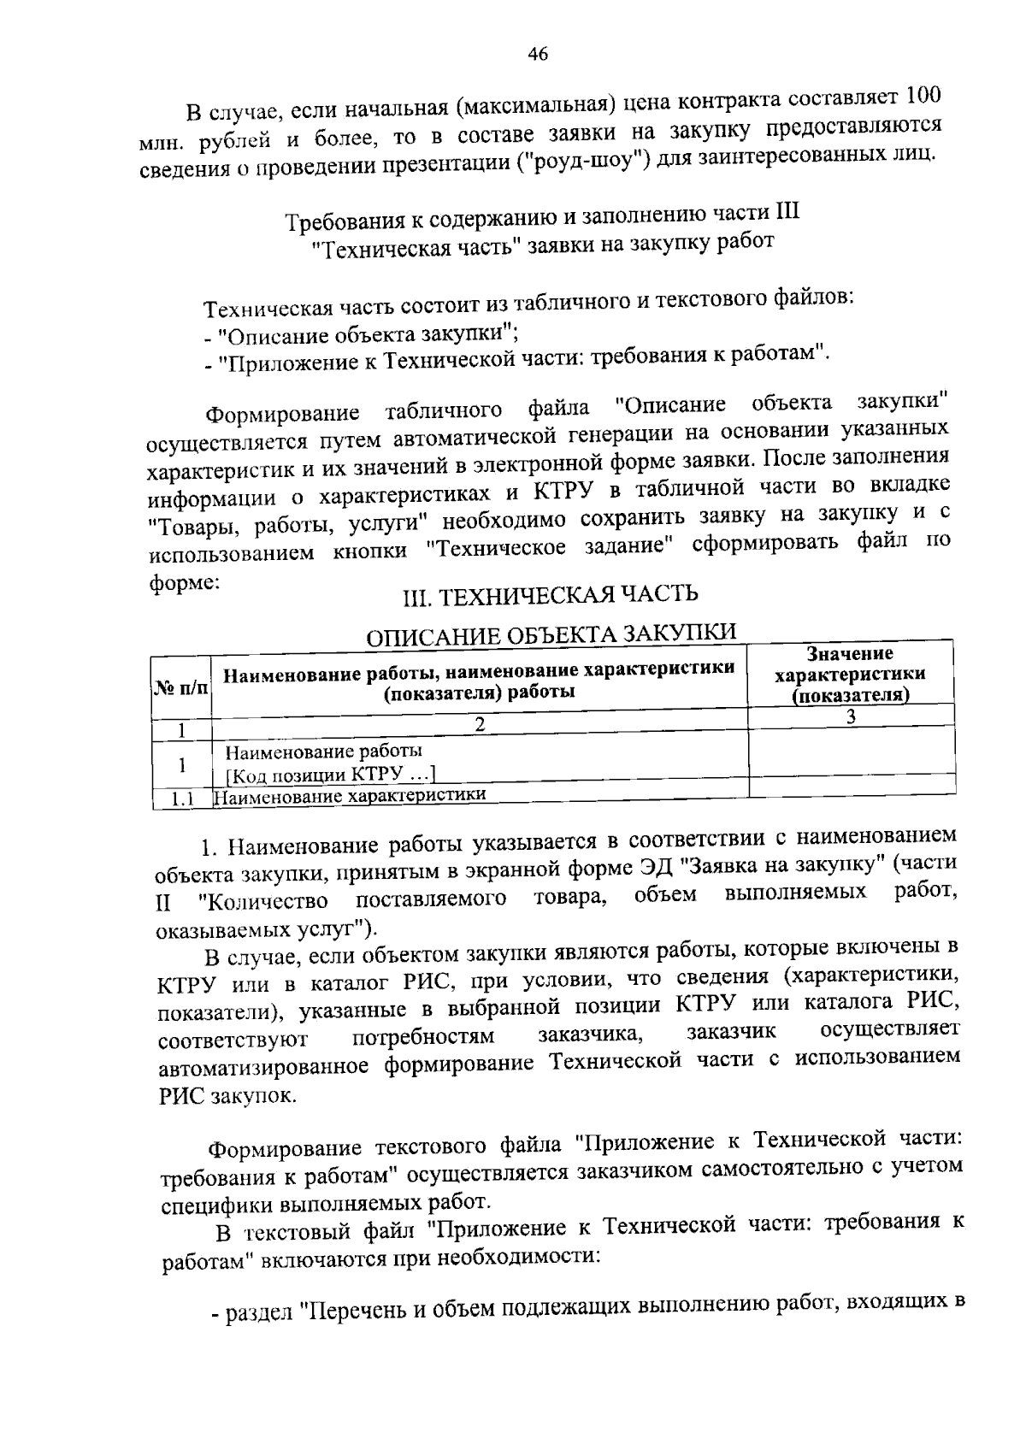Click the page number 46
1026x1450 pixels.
537,55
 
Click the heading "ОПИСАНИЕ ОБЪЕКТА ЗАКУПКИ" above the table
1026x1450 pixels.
551,634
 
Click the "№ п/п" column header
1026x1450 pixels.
181,687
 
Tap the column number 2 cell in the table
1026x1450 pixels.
480,724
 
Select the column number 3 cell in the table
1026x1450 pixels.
851,717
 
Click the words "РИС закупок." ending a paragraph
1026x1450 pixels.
227,1096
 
